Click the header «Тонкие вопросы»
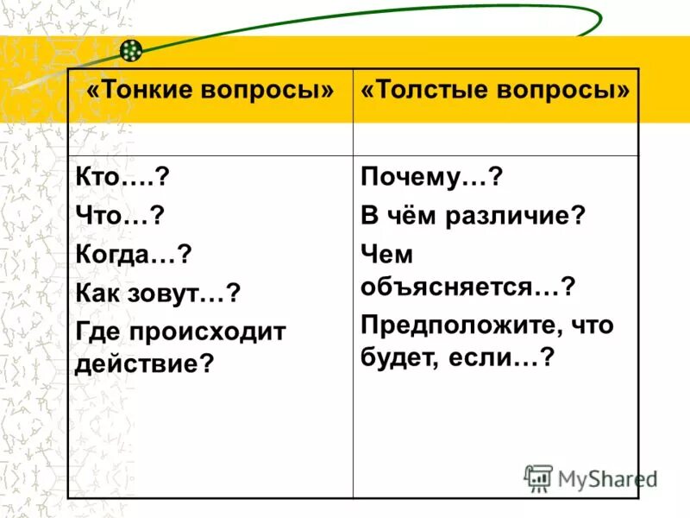pos(210,90)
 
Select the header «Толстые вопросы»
pos(496,90)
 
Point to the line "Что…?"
pos(120,217)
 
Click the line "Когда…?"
pos(133,255)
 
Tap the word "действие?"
pos(144,363)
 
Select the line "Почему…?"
pos(431,180)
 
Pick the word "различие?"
pos(512,217)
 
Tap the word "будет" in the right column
pos(389,357)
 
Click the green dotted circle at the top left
pos(131,51)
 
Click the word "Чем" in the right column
pos(387,255)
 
